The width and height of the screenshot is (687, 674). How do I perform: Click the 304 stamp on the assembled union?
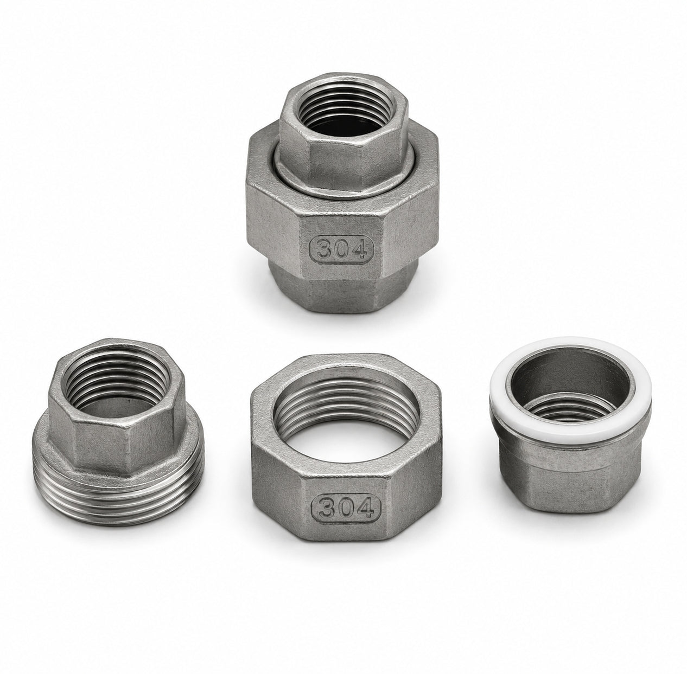point(341,249)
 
